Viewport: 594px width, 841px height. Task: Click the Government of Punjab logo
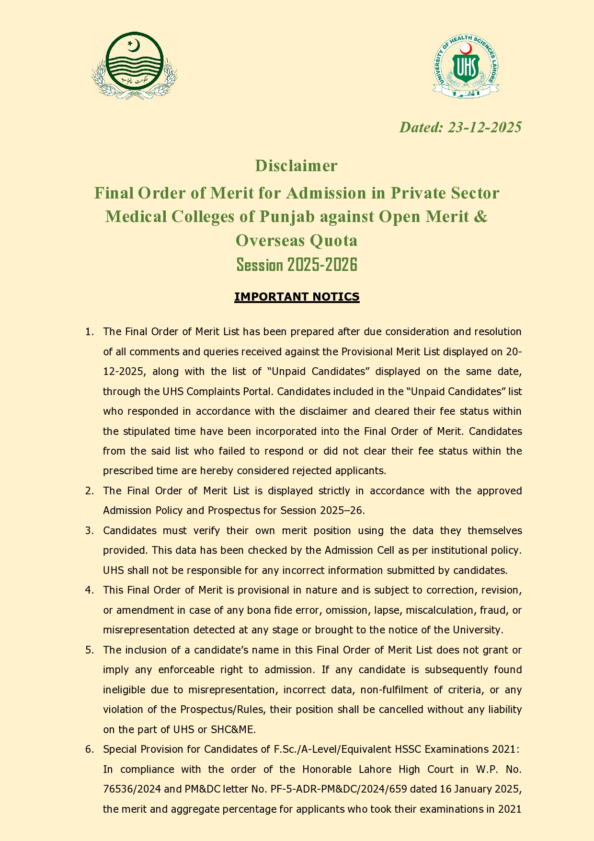[x=135, y=65]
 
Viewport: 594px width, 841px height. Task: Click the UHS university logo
[x=466, y=66]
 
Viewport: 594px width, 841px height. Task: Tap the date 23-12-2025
[x=484, y=127]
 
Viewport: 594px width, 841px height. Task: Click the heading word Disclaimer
[x=297, y=165]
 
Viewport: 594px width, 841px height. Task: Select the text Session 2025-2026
[x=297, y=264]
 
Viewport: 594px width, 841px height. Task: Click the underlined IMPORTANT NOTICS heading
[x=297, y=297]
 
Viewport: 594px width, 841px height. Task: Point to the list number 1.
[x=89, y=332]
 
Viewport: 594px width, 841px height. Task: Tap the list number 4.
[x=89, y=590]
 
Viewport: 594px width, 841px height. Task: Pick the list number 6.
[x=89, y=749]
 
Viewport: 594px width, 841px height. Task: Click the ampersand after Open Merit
[x=481, y=216]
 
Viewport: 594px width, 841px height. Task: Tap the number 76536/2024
[x=127, y=789]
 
